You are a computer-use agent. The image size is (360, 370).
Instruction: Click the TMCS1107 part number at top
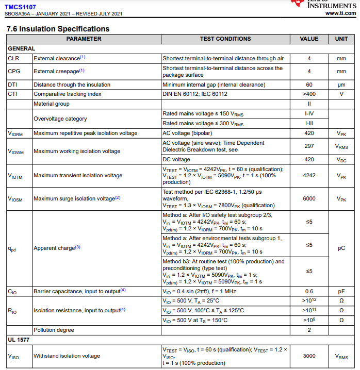(21, 7)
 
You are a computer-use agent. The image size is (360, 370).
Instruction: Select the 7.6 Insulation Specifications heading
(58, 29)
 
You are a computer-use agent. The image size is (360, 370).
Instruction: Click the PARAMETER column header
(84, 39)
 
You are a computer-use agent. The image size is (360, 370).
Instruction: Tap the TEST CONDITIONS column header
(225, 39)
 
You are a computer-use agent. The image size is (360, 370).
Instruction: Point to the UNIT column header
(341, 39)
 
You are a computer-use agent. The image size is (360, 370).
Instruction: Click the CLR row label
(13, 59)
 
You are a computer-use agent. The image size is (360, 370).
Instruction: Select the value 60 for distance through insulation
(309, 85)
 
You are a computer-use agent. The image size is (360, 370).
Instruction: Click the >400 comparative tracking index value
(309, 94)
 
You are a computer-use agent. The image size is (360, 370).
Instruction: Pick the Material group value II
(309, 104)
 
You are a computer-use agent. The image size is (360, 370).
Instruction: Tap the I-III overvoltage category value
(309, 124)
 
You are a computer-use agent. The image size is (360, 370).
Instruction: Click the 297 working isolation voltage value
(309, 146)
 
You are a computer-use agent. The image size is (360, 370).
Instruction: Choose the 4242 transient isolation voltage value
(309, 176)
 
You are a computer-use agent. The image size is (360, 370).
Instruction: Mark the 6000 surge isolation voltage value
(309, 199)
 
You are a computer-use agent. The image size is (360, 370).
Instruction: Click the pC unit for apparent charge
(341, 248)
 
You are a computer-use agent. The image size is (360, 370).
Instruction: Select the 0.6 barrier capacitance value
(309, 291)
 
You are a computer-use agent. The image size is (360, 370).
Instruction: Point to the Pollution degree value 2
(309, 330)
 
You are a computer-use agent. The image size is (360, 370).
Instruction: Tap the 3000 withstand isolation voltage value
(309, 356)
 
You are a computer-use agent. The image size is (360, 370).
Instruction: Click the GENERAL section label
(22, 48)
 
